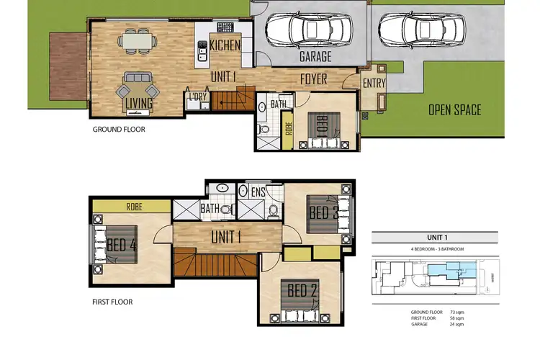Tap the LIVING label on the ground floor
click(138, 104)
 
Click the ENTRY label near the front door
click(373, 84)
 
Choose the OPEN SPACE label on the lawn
click(454, 110)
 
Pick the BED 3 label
click(323, 213)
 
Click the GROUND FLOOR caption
click(119, 130)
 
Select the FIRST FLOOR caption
click(112, 302)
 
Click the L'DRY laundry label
click(197, 96)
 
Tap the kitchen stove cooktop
click(225, 27)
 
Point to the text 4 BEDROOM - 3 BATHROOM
click(434, 248)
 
